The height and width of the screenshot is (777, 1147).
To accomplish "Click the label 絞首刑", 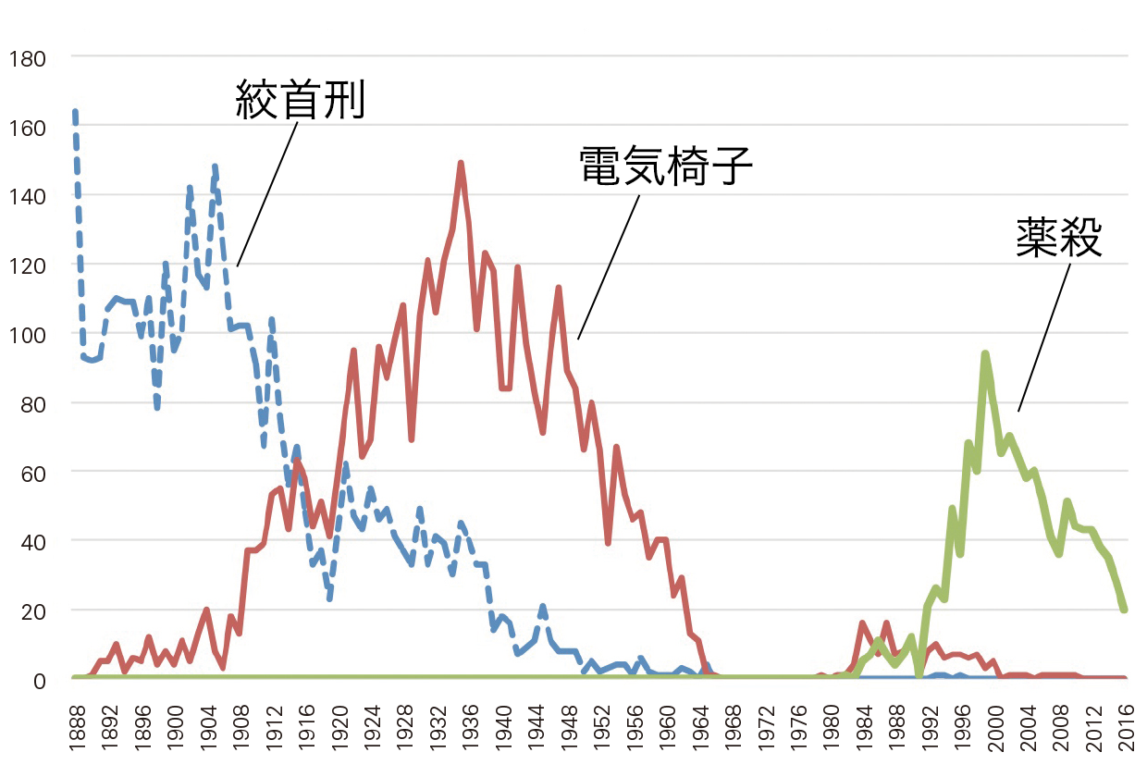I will click(302, 99).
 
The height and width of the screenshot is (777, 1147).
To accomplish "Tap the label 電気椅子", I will click(666, 167).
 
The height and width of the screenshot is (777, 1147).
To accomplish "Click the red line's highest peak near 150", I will click(461, 164).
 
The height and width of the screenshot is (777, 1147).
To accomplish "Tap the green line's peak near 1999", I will click(985, 353).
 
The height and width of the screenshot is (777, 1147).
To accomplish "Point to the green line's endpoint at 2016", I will click(1124, 610).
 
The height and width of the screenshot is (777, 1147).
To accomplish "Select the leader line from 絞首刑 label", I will click(267, 194).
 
